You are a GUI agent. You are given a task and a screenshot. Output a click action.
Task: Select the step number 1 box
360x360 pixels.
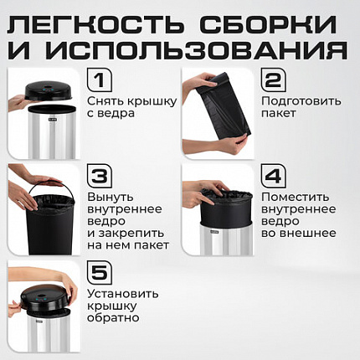(x=100, y=81)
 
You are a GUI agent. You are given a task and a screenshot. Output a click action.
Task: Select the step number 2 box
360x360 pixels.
(x=273, y=81)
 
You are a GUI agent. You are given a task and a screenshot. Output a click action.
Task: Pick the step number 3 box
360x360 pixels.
(x=100, y=177)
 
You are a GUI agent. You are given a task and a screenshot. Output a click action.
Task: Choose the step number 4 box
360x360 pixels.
(x=273, y=177)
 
